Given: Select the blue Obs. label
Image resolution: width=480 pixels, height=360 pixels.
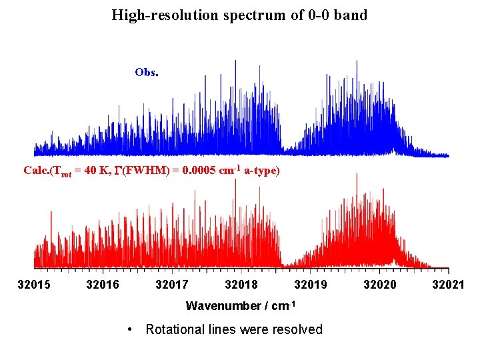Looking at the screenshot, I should click(x=146, y=72).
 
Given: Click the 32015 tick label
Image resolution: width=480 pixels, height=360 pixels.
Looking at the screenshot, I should click(x=34, y=285).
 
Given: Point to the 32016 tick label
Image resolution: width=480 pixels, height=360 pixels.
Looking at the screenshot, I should click(x=103, y=285).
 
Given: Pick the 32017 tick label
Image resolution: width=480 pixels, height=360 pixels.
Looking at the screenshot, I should click(x=172, y=285).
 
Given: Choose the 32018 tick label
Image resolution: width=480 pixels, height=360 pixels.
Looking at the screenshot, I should click(x=241, y=285).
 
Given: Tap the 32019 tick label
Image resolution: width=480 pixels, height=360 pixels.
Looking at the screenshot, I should click(x=310, y=285).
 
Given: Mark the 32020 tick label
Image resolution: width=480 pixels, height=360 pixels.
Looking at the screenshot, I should click(x=379, y=285).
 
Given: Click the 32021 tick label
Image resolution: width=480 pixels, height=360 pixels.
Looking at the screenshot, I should click(x=448, y=285).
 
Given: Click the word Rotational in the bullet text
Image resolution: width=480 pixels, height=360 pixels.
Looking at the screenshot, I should click(x=175, y=329).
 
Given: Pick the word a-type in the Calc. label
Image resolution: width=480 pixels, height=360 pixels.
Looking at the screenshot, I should click(x=261, y=171).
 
